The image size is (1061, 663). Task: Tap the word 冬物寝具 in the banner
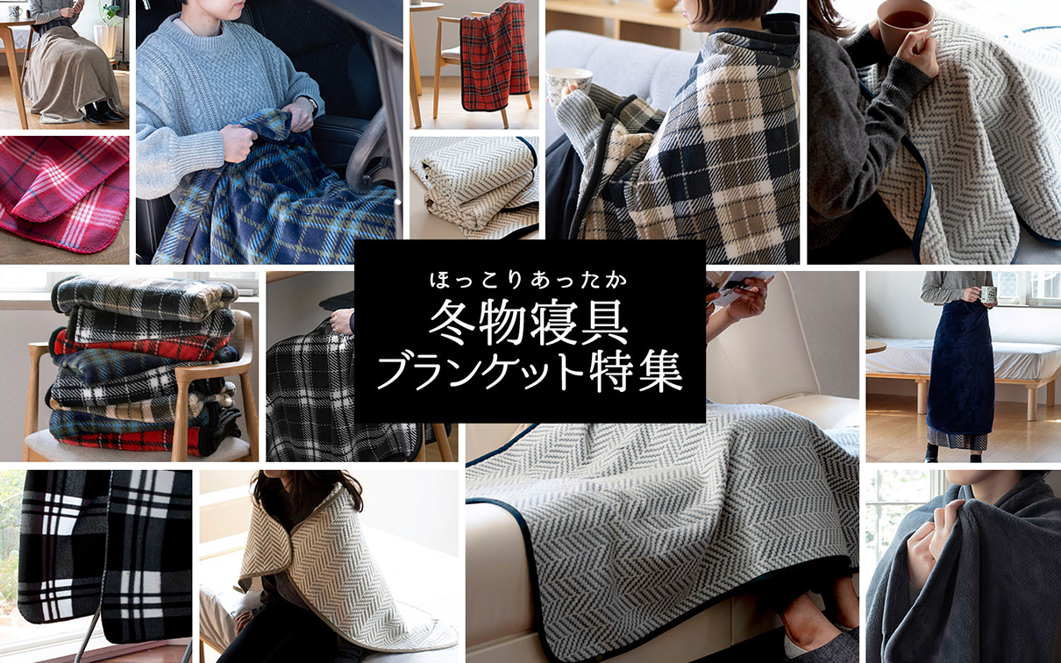[x=529, y=325]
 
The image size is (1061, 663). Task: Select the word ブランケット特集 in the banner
[x=529, y=372]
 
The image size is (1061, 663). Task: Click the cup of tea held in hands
[x=905, y=22]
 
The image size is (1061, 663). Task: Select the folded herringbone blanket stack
[x=474, y=186]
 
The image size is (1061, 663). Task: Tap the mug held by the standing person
[x=988, y=295]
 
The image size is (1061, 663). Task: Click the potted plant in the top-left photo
[x=108, y=26]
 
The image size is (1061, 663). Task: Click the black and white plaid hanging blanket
[x=105, y=552]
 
